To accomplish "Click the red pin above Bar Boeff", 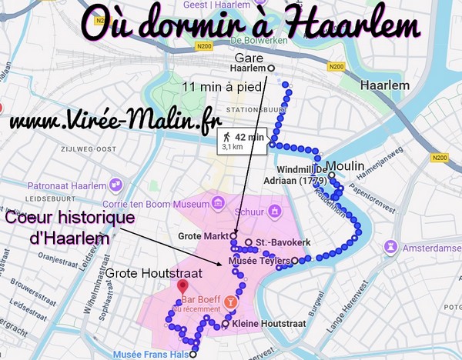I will pos(181,285).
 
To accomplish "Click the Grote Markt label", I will pos(203,235).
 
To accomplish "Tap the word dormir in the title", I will pos(186,27).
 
